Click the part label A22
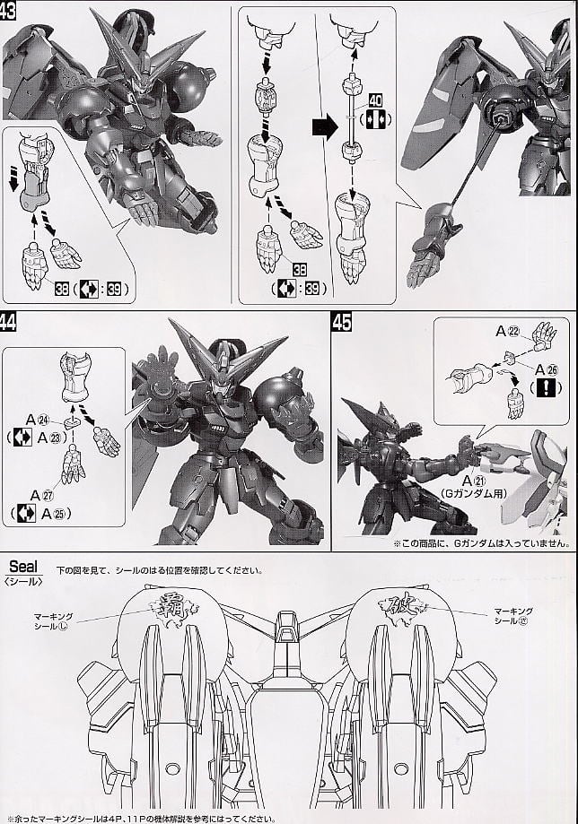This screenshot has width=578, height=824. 509,331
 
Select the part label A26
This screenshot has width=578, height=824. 547,369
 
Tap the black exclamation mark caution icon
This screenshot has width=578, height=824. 547,388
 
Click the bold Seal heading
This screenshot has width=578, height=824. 24,566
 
